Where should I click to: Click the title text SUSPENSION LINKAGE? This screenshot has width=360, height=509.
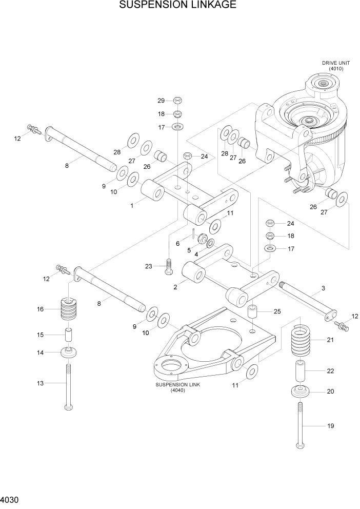point(177,6)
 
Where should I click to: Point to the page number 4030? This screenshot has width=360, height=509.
point(11,499)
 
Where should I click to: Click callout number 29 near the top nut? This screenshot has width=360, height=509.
point(161,100)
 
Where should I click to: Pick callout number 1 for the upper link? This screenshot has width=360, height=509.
point(132,205)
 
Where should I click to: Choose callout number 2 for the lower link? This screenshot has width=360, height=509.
point(175,287)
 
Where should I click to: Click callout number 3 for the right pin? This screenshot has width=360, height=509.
point(323,289)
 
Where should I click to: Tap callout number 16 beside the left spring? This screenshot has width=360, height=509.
point(39,309)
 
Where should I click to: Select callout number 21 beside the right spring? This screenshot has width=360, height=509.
point(330,340)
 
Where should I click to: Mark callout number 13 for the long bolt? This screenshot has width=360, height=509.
point(39,383)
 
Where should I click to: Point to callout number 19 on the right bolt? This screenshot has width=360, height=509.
point(330,426)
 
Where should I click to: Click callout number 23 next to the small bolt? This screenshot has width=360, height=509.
point(149,266)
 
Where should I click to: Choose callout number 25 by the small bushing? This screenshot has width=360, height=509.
point(277,311)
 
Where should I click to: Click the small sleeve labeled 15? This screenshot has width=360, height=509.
point(69,335)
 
